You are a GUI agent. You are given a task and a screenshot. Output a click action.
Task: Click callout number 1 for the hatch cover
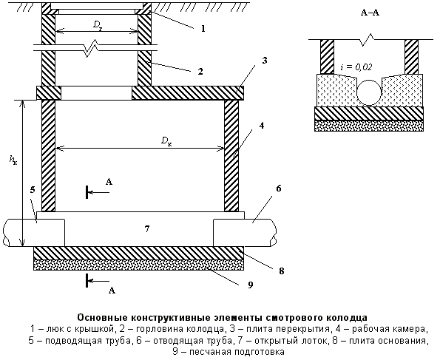203,28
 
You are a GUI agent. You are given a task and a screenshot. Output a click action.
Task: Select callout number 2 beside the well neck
200,71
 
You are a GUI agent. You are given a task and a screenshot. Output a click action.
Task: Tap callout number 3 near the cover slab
264,61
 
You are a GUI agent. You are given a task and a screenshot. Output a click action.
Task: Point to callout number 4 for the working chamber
262,126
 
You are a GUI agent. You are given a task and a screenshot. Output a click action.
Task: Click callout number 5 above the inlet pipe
33,190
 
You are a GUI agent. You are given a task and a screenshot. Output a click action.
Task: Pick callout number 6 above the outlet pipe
278,189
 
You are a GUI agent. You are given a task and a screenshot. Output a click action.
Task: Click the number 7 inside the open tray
146,229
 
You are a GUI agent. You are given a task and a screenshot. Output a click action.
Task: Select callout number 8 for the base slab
282,271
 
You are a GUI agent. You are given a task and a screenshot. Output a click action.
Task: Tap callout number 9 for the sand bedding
250,285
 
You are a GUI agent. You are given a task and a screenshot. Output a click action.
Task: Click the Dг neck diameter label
98,25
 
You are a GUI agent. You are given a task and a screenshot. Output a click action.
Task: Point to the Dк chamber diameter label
166,141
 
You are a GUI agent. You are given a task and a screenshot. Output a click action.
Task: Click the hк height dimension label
13,160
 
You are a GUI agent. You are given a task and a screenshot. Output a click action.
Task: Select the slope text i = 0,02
356,67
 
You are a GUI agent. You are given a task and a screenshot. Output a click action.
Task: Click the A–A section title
370,13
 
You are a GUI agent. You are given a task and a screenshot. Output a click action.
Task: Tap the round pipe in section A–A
369,92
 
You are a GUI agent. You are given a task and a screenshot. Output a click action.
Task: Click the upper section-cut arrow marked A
98,192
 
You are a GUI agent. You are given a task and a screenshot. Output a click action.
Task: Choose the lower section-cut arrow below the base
98,281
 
